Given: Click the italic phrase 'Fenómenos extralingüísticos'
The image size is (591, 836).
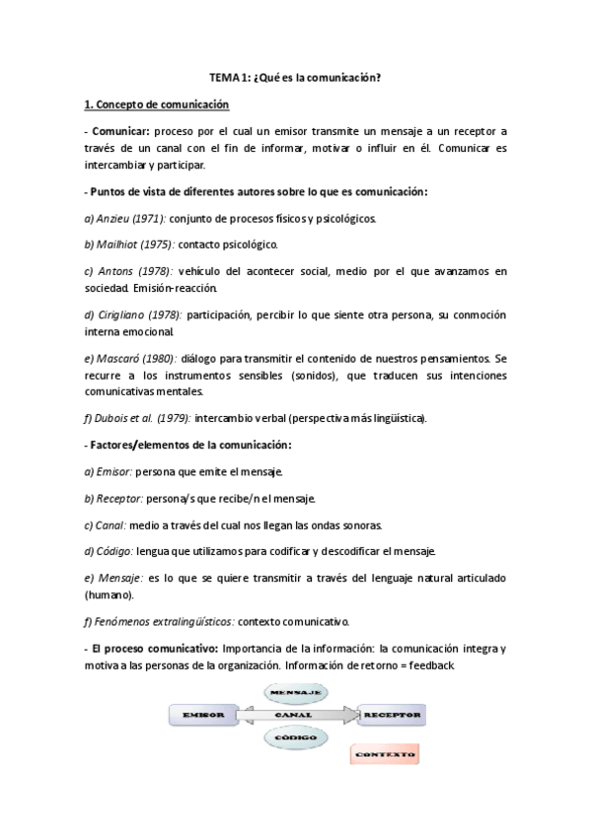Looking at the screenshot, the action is tap(163, 621).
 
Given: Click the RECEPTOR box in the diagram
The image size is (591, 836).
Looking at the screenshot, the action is tap(393, 713).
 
